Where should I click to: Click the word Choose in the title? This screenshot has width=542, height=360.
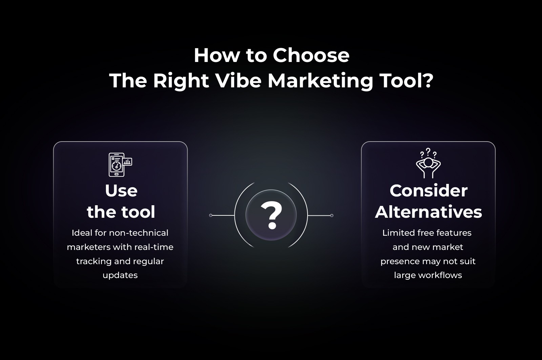coord(311,56)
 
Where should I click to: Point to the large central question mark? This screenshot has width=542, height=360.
coord(271,215)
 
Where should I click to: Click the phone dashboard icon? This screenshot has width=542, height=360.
coord(120,165)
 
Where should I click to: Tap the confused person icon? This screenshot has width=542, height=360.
coord(428,163)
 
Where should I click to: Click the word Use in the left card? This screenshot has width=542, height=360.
coord(121,191)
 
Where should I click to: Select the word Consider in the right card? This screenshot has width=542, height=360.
coord(429,191)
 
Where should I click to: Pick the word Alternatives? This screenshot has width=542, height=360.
coord(429,212)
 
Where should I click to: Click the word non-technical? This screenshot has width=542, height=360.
coord(139,233)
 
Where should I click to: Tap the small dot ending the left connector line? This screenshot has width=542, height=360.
coord(210,215)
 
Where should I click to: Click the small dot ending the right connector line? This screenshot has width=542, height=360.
coord(332,215)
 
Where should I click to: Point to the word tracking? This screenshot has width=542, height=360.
coord(94,261)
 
